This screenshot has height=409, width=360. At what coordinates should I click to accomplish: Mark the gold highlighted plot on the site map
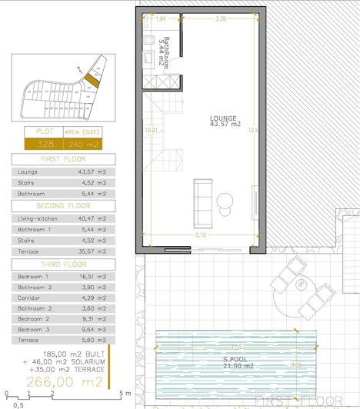click(x=92, y=79)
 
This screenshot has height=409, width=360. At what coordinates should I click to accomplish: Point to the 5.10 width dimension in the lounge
click(x=200, y=234)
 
